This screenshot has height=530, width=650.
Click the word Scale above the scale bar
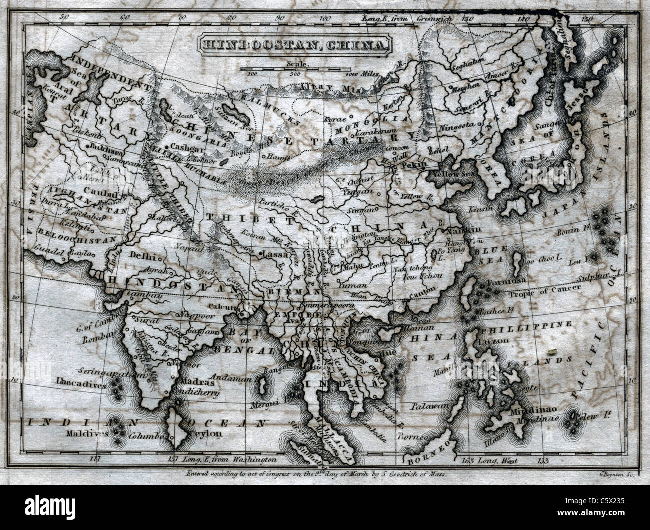point(298,63)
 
